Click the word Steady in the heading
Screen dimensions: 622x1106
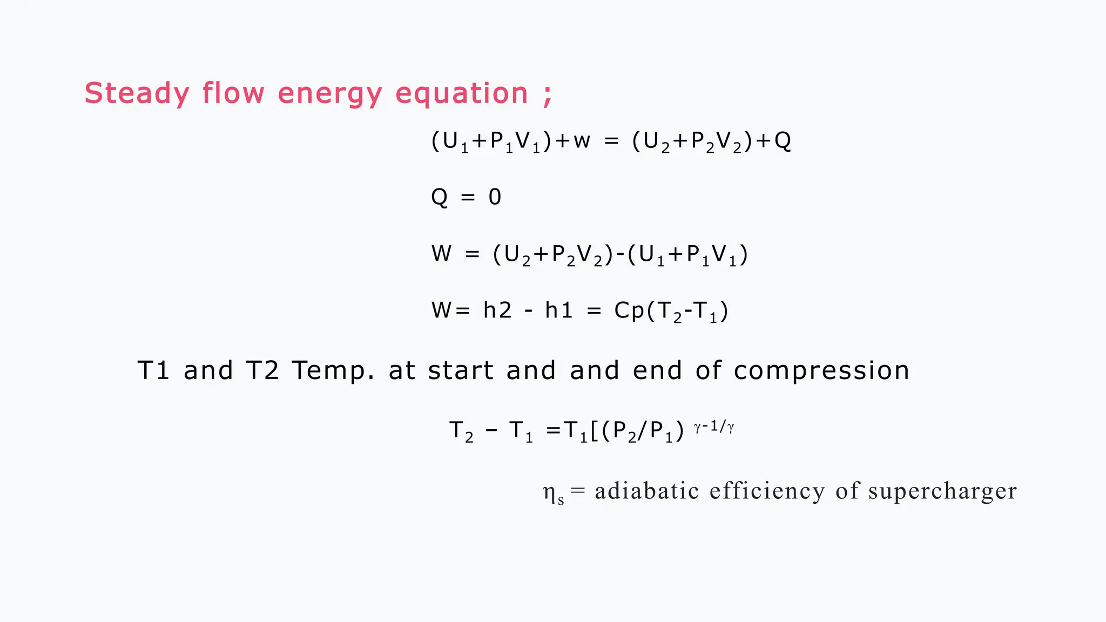[x=137, y=93]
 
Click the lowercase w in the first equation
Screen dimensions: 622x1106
[x=582, y=141]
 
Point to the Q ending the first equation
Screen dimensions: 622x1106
[x=783, y=141]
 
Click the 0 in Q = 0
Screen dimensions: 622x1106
[x=495, y=197]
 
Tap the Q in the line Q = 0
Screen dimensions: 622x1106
[x=440, y=198]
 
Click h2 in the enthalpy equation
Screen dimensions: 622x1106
[x=497, y=310]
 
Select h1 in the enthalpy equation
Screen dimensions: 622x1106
[x=558, y=310]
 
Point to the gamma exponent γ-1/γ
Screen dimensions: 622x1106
[x=714, y=427]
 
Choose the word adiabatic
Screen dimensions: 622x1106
[x=647, y=491]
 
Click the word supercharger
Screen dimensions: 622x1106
[x=942, y=492]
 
